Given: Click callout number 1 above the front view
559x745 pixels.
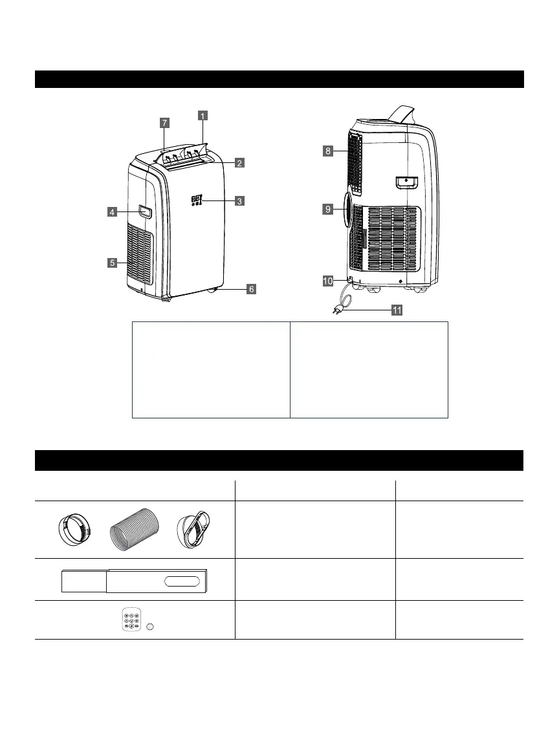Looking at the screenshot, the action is pos(203,116).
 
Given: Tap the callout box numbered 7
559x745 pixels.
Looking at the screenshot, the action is pos(165,122).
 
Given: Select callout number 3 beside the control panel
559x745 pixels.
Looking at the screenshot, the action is pos(239,201).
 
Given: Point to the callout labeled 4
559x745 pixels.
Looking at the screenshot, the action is pos(112,211).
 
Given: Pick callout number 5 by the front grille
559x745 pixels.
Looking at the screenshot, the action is pos(113,263).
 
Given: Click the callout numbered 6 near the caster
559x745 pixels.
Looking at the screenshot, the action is pos(250,289).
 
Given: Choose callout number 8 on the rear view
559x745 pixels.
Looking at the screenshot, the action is pos(328,151).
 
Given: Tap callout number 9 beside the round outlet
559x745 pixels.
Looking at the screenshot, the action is pos(328,209).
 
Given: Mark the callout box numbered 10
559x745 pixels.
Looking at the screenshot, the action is pos(329,281).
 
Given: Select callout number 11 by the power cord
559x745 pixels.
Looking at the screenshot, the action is pos(396,310).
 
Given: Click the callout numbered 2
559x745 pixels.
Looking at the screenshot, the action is pos(239,163).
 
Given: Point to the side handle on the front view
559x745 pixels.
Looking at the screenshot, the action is pos(144,211).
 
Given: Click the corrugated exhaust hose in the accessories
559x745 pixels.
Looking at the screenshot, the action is pos(133,529).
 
